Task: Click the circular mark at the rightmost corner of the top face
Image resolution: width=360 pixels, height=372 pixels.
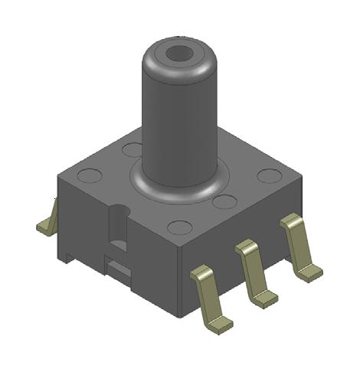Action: (269, 175)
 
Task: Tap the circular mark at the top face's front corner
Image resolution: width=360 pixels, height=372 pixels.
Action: (179, 227)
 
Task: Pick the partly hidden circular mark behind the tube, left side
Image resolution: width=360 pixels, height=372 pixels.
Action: (133, 148)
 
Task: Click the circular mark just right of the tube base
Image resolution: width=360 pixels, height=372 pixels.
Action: (225, 201)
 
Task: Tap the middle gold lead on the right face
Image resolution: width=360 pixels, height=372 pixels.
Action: (252, 268)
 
